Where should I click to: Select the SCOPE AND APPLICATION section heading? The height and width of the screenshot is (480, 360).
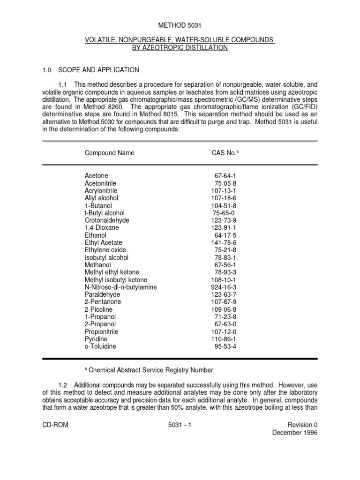(x=98, y=70)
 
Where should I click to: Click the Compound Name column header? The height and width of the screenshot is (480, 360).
(x=109, y=153)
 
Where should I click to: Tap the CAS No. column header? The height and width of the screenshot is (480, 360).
(x=225, y=153)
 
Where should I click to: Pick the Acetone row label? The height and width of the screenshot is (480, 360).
(x=96, y=175)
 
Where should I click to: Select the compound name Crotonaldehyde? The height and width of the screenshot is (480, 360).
(x=107, y=220)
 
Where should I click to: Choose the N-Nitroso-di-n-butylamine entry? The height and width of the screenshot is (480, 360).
(x=120, y=287)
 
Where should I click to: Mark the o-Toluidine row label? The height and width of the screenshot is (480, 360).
(x=100, y=346)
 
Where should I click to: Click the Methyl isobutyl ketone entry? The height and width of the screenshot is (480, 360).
(x=116, y=279)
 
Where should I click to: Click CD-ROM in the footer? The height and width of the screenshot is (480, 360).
(x=55, y=425)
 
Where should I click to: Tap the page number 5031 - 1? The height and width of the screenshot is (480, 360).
(x=180, y=425)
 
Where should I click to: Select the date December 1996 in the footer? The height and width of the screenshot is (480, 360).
(x=295, y=433)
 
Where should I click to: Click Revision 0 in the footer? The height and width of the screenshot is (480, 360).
(x=302, y=425)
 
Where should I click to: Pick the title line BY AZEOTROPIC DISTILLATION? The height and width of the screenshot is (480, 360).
(x=180, y=48)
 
